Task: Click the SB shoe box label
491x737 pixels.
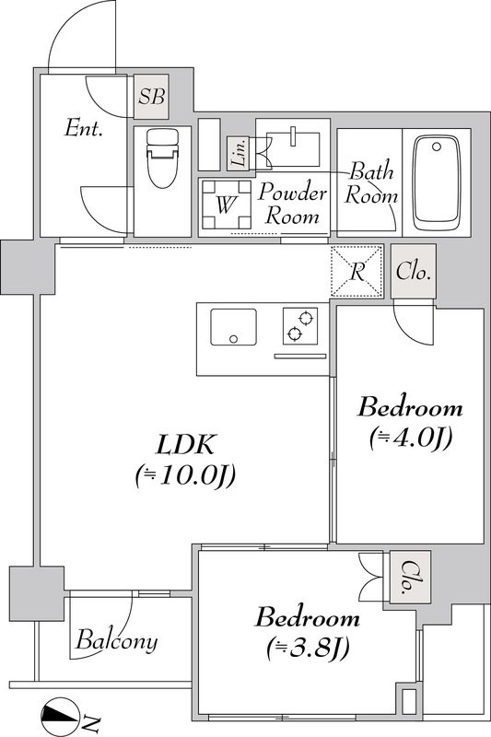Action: coord(151,97)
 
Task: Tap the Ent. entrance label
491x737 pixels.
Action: coord(84,128)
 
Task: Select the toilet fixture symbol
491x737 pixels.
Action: coord(162,158)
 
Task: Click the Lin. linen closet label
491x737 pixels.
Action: coord(239,153)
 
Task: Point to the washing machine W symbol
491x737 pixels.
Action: coord(226,205)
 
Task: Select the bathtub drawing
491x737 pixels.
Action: coord(437,182)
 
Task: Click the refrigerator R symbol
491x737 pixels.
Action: coord(357,271)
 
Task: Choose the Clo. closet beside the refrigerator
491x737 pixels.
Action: coord(414,271)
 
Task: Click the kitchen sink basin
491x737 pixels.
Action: coord(233,327)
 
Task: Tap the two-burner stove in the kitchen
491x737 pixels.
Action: coord(300,326)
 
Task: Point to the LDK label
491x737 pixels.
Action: coord(185,444)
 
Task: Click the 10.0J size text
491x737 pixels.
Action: coord(185,476)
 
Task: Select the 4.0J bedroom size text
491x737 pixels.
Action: coord(411,439)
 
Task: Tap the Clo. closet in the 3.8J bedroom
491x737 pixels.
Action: coord(410,578)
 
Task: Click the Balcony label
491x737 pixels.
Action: coord(116,640)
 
